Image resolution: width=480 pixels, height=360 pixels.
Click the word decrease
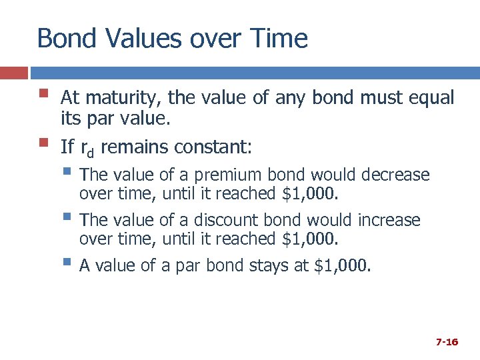pyautogui.click(x=395, y=175)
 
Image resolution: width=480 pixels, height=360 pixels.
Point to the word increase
pyautogui.click(x=389, y=221)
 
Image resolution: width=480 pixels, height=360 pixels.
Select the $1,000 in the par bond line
pyautogui.click(x=341, y=267)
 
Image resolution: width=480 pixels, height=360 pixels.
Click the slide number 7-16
pyautogui.click(x=447, y=342)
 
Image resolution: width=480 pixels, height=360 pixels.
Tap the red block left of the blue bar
pyautogui.click(x=13, y=72)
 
